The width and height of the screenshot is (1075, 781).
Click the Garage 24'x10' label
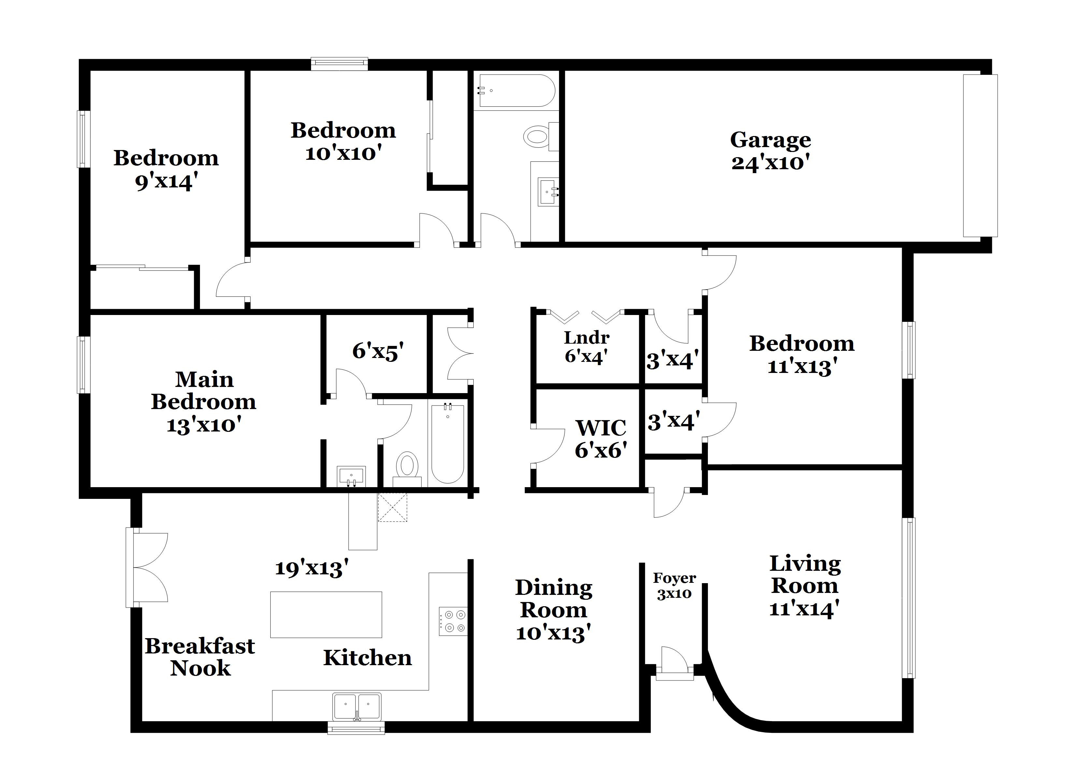[x=770, y=151]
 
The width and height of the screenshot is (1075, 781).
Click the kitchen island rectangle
[x=326, y=614]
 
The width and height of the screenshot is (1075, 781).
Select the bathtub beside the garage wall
[x=516, y=90]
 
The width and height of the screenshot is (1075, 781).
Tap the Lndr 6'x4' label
[x=586, y=347]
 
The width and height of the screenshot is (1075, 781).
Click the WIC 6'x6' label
[x=601, y=439]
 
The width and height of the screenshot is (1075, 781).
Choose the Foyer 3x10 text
[x=674, y=585]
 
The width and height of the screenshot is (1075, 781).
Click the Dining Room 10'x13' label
[x=553, y=610]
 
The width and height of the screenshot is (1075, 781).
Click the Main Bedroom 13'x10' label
[x=204, y=402]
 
